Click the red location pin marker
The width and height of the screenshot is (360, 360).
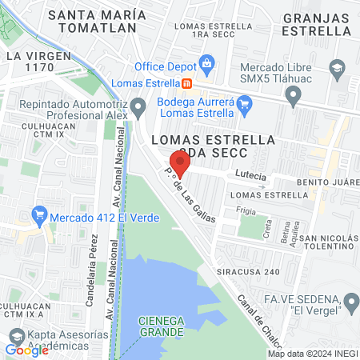[x=180, y=162]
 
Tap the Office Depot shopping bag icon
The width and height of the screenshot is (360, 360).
[x=207, y=63]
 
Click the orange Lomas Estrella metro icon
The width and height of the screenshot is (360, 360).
[x=186, y=82]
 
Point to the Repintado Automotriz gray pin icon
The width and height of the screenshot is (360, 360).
[x=139, y=106]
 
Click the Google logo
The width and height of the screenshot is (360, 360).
[x=26, y=350]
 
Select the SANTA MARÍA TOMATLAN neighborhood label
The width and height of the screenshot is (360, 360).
[x=97, y=22]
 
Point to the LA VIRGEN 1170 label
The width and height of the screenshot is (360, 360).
[x=33, y=63]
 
